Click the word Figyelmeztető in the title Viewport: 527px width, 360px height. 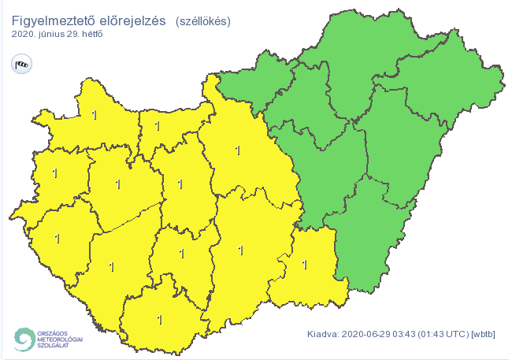[x=48, y=20]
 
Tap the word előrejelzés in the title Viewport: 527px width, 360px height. [x=126, y=20]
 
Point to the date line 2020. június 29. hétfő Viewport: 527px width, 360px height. [x=58, y=35]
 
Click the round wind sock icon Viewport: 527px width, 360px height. [x=20, y=64]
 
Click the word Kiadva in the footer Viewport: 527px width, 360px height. [x=322, y=333]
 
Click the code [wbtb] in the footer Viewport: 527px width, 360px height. [x=483, y=333]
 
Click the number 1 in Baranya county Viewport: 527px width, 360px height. [x=160, y=320]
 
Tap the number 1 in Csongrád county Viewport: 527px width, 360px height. [x=304, y=265]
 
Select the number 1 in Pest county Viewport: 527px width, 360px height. [x=238, y=149]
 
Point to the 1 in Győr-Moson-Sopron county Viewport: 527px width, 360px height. [x=95, y=116]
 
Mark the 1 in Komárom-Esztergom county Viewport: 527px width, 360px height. [x=158, y=125]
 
